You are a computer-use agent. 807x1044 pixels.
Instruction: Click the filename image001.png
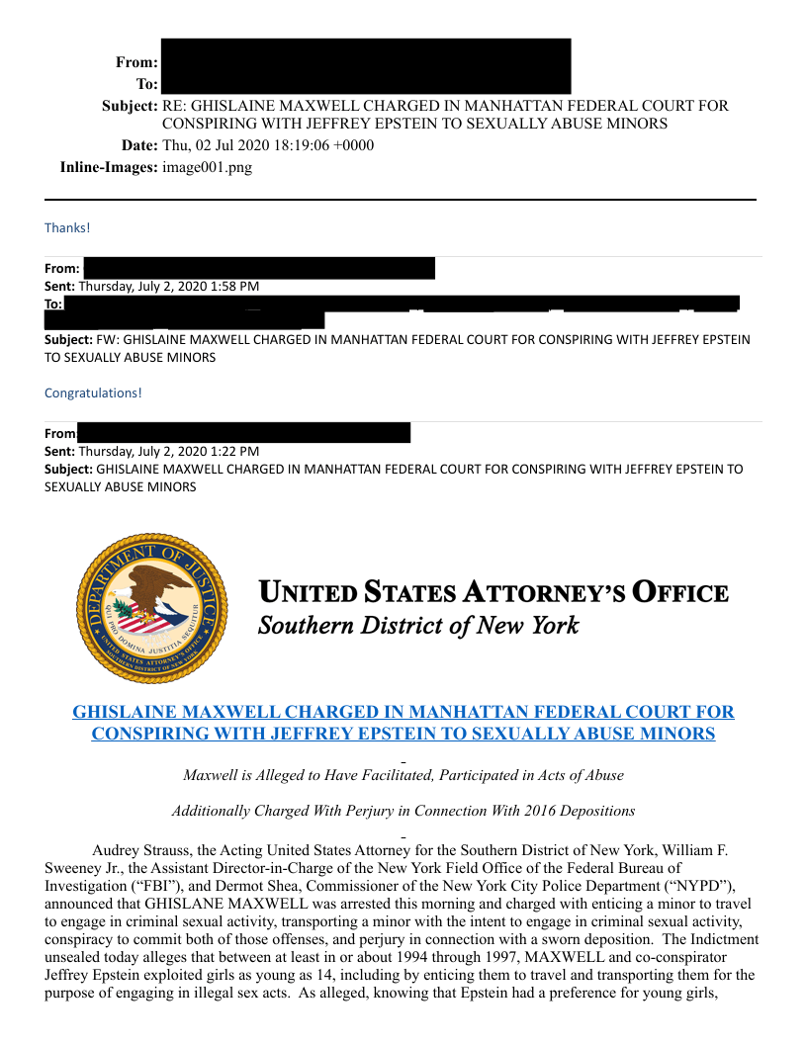[x=207, y=167]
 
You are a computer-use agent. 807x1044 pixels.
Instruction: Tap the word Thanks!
[x=67, y=228]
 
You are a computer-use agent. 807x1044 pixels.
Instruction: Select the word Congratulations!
[x=93, y=392]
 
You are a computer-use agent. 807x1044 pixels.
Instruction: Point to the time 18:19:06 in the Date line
[x=297, y=146]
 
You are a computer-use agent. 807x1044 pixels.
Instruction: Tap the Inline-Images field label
[x=109, y=167]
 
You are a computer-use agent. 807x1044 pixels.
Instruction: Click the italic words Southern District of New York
[x=417, y=626]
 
